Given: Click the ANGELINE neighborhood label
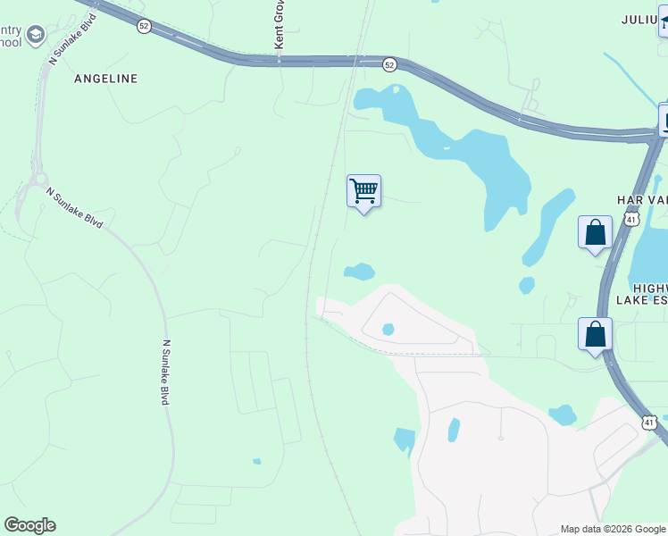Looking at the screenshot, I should click(x=106, y=79).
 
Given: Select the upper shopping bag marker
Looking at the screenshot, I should click(x=595, y=233).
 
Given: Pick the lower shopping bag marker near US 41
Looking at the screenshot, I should click(x=595, y=335).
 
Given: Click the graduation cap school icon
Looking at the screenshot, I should click(x=35, y=36).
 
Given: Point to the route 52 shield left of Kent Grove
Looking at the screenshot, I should click(x=144, y=27).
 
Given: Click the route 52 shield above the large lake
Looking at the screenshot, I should click(x=389, y=64).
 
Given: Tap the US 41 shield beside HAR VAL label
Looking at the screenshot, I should click(x=631, y=218).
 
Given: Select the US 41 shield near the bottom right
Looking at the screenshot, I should click(x=649, y=421).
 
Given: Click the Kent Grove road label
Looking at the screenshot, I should click(x=279, y=27).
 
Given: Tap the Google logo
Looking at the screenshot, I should click(x=29, y=525).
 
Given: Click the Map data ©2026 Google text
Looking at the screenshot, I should click(x=613, y=529).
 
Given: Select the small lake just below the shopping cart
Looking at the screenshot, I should click(x=359, y=271).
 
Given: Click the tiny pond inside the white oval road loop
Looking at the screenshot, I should click(x=388, y=329).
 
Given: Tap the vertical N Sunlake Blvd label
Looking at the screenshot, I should click(x=165, y=372).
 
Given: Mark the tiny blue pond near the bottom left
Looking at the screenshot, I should click(x=256, y=461).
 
